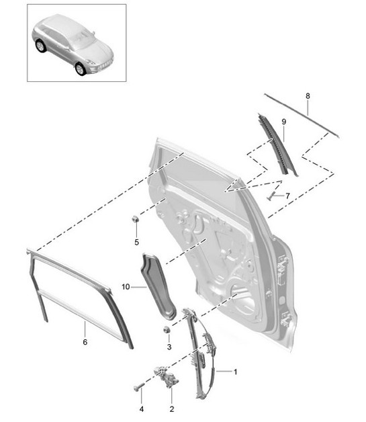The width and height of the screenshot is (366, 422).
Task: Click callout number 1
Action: click(x=236, y=372)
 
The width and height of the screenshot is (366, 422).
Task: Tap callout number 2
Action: click(x=171, y=409)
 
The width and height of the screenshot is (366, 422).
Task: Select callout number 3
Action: click(x=169, y=347)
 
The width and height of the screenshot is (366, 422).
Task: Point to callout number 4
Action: click(x=141, y=409)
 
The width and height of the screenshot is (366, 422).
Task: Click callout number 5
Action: click(x=136, y=242)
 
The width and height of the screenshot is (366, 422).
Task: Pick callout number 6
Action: click(x=85, y=343)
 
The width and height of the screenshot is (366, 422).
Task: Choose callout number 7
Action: click(x=287, y=196)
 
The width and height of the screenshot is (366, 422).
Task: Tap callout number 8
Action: click(x=308, y=96)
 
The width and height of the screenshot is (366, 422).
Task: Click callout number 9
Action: click(x=283, y=121)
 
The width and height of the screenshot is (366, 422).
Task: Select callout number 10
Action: click(x=125, y=287)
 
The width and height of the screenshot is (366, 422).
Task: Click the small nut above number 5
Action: click(x=136, y=218)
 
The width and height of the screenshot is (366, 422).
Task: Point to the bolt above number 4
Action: click(x=140, y=388)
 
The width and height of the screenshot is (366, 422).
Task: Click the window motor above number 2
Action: click(x=165, y=377)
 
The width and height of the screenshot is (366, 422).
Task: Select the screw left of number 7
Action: click(x=272, y=197)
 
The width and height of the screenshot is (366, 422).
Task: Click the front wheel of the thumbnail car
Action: click(x=81, y=69)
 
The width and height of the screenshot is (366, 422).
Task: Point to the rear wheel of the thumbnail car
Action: click(x=41, y=46)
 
